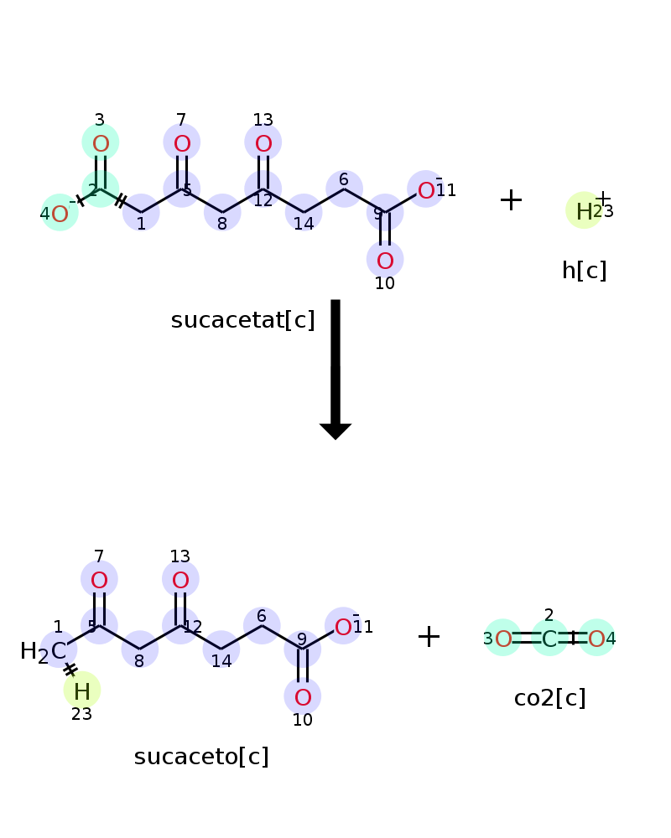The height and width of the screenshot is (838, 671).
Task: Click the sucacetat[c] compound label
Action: click(242, 320)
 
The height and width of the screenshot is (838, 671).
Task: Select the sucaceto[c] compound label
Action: click(201, 757)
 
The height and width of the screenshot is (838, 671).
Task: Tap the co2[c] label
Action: click(549, 698)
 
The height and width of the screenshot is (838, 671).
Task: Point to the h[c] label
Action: click(584, 271)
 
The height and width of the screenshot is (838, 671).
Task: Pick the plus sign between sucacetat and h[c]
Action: click(511, 200)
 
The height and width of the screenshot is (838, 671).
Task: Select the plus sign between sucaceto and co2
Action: click(429, 637)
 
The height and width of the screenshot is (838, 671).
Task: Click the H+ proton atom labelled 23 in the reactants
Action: click(584, 211)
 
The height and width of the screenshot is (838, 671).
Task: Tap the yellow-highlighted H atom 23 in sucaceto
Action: click(82, 691)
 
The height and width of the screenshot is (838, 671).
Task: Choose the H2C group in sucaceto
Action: click(44, 651)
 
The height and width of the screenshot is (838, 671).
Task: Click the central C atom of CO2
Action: click(549, 639)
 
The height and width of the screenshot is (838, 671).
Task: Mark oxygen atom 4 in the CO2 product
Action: click(596, 639)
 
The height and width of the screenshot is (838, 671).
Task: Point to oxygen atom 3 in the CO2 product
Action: click(503, 639)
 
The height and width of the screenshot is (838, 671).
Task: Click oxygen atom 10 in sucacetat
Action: click(385, 261)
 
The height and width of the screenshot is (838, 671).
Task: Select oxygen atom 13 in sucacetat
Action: click(263, 144)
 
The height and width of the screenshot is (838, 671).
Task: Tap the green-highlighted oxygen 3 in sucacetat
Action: click(101, 144)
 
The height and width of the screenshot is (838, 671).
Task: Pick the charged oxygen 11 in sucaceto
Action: click(343, 627)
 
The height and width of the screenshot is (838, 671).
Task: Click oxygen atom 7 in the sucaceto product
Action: click(99, 580)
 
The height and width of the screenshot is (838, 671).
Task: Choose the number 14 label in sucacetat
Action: click(304, 224)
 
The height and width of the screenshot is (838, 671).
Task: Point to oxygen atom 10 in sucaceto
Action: click(303, 697)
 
